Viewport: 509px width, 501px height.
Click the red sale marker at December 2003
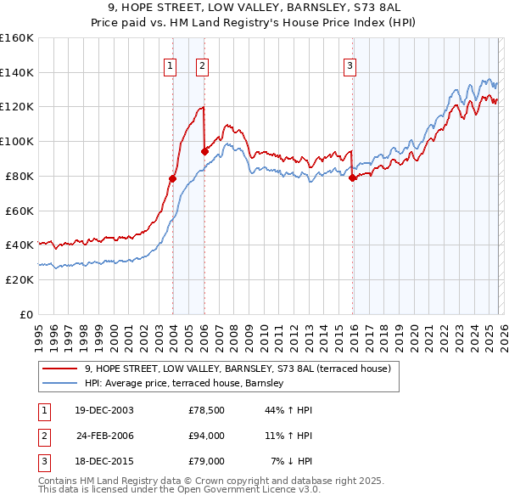pos(172,178)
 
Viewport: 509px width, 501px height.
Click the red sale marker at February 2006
pos(204,151)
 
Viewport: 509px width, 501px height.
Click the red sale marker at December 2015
pos(352,177)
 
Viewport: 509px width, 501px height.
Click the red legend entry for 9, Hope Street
pos(238,369)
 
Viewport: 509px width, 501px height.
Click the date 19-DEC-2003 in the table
pos(103,410)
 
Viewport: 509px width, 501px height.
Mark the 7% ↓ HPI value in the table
pos(292,461)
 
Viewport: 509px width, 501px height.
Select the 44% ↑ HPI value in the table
pos(289,410)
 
